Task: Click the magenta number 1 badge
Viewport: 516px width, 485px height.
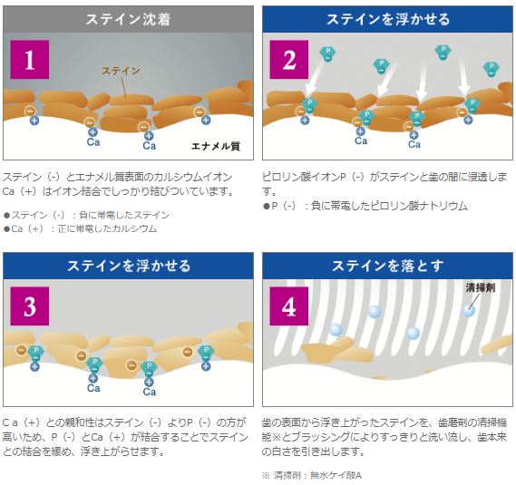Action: [x=30, y=60]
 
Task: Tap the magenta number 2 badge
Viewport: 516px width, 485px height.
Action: [x=289, y=60]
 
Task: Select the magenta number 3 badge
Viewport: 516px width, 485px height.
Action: [x=30, y=306]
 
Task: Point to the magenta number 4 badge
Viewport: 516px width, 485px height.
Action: [x=289, y=306]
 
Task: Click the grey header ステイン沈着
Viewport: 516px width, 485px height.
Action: [x=129, y=19]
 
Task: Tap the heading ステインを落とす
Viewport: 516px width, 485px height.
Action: [x=387, y=266]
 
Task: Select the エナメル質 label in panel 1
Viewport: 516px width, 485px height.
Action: [x=216, y=146]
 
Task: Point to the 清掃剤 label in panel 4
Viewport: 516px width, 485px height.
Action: [x=481, y=287]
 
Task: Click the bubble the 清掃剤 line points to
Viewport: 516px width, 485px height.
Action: [x=469, y=310]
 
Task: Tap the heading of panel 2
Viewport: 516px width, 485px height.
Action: [x=387, y=19]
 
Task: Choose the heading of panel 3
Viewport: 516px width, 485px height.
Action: [x=129, y=266]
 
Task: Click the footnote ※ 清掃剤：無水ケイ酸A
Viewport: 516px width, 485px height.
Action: [x=312, y=475]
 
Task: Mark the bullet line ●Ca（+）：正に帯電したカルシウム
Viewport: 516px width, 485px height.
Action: [x=80, y=228]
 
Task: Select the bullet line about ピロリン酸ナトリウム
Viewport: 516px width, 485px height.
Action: [x=365, y=206]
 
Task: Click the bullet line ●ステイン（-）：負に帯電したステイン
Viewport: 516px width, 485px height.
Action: [x=86, y=215]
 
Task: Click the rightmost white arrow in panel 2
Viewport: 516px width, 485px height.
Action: [x=463, y=77]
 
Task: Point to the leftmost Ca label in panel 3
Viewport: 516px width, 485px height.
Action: [x=93, y=388]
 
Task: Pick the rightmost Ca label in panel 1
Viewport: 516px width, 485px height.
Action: [x=149, y=145]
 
